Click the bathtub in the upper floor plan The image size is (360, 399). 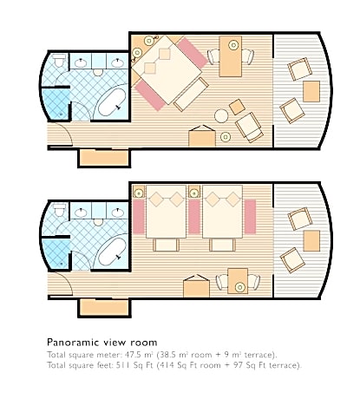112,102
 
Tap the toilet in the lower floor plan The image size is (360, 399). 60,209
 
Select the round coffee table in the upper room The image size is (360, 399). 221,115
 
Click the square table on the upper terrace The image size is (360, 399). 311,91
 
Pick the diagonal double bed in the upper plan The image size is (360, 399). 167,70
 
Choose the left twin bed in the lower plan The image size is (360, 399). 166,212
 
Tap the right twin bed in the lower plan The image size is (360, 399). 222,212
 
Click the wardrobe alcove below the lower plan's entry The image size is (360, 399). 104,308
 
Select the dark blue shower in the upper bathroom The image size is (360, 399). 56,104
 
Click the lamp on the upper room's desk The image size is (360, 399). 233,45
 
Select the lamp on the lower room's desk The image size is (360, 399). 239,287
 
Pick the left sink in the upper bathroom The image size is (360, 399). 81,62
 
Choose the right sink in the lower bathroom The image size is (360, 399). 117,213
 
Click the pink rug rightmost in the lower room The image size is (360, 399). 250,217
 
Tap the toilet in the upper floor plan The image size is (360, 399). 60,60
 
